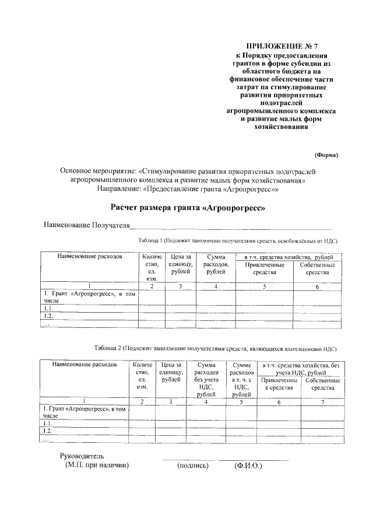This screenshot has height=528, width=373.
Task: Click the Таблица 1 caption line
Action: coord(238,240)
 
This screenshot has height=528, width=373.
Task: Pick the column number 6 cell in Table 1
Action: coord(318,286)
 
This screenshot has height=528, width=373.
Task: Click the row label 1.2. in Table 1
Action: coord(49,316)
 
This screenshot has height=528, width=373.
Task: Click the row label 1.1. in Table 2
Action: coord(48,423)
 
